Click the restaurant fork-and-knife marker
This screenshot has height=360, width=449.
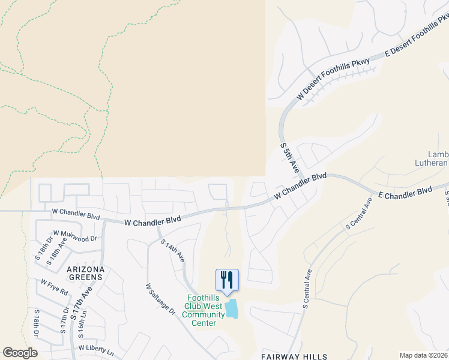[227, 280]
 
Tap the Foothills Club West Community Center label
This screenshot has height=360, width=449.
[203, 310]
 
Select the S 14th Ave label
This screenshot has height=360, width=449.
[172, 251]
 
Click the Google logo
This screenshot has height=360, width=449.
[20, 353]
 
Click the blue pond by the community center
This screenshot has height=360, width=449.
[231, 309]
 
